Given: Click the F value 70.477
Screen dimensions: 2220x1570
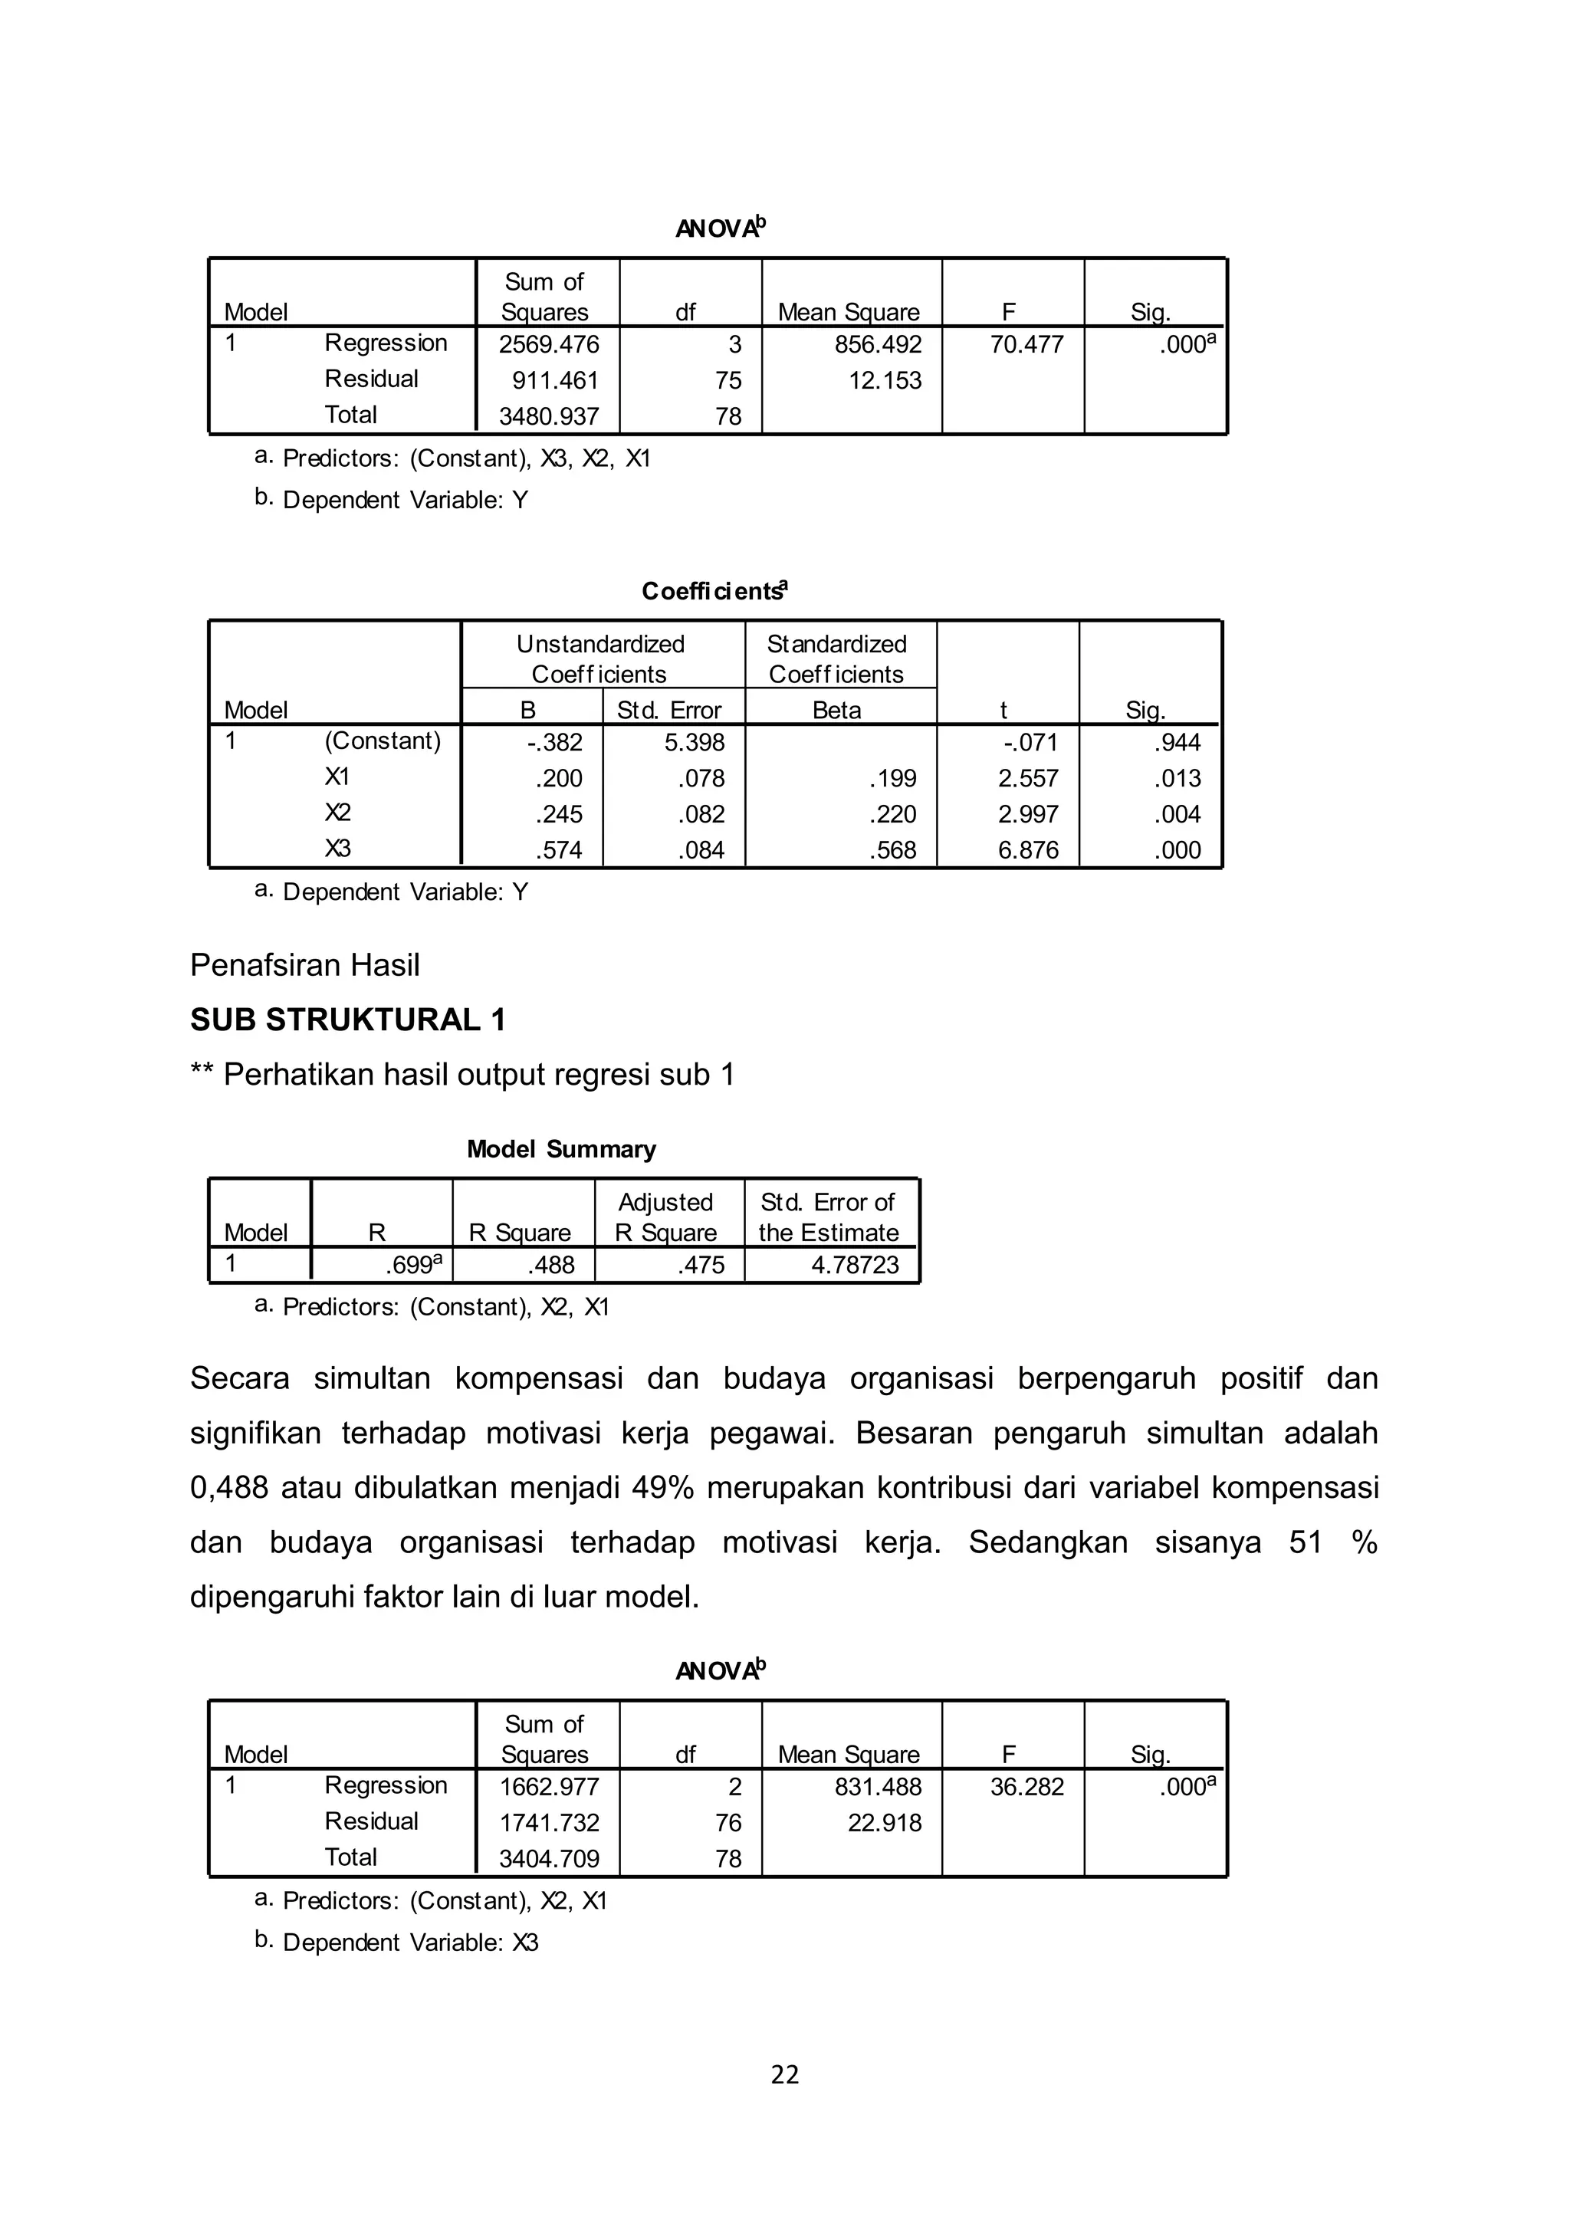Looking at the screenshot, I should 1026,345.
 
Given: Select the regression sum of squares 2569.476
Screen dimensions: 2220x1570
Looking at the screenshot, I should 548,345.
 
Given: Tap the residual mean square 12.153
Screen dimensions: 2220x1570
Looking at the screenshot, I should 885,381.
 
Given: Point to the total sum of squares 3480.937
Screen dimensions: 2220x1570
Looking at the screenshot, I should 548,417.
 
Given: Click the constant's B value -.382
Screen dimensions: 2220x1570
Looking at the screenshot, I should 555,743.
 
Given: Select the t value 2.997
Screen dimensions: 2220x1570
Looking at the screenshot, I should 1028,815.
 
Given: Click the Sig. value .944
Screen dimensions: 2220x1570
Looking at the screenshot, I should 1177,743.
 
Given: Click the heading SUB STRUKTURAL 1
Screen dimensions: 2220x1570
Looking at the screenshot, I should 348,1020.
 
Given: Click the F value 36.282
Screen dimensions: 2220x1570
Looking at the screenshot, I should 1026,1787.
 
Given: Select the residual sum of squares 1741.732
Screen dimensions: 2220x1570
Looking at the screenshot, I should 548,1824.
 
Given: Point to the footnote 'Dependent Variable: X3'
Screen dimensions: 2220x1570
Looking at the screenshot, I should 410,1943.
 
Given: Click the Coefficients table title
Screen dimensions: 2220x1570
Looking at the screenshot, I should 714,592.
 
